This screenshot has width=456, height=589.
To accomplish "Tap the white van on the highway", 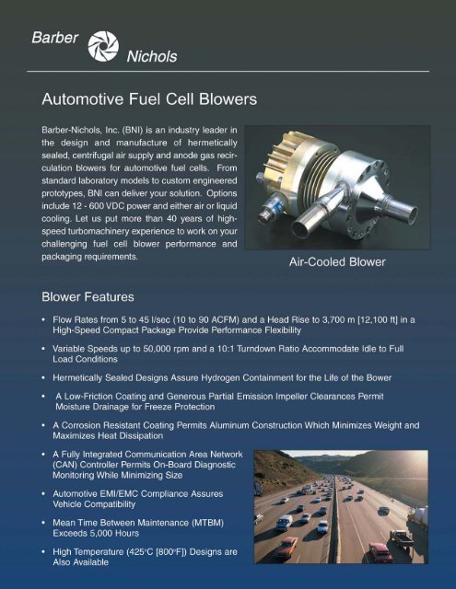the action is point(284,522).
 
